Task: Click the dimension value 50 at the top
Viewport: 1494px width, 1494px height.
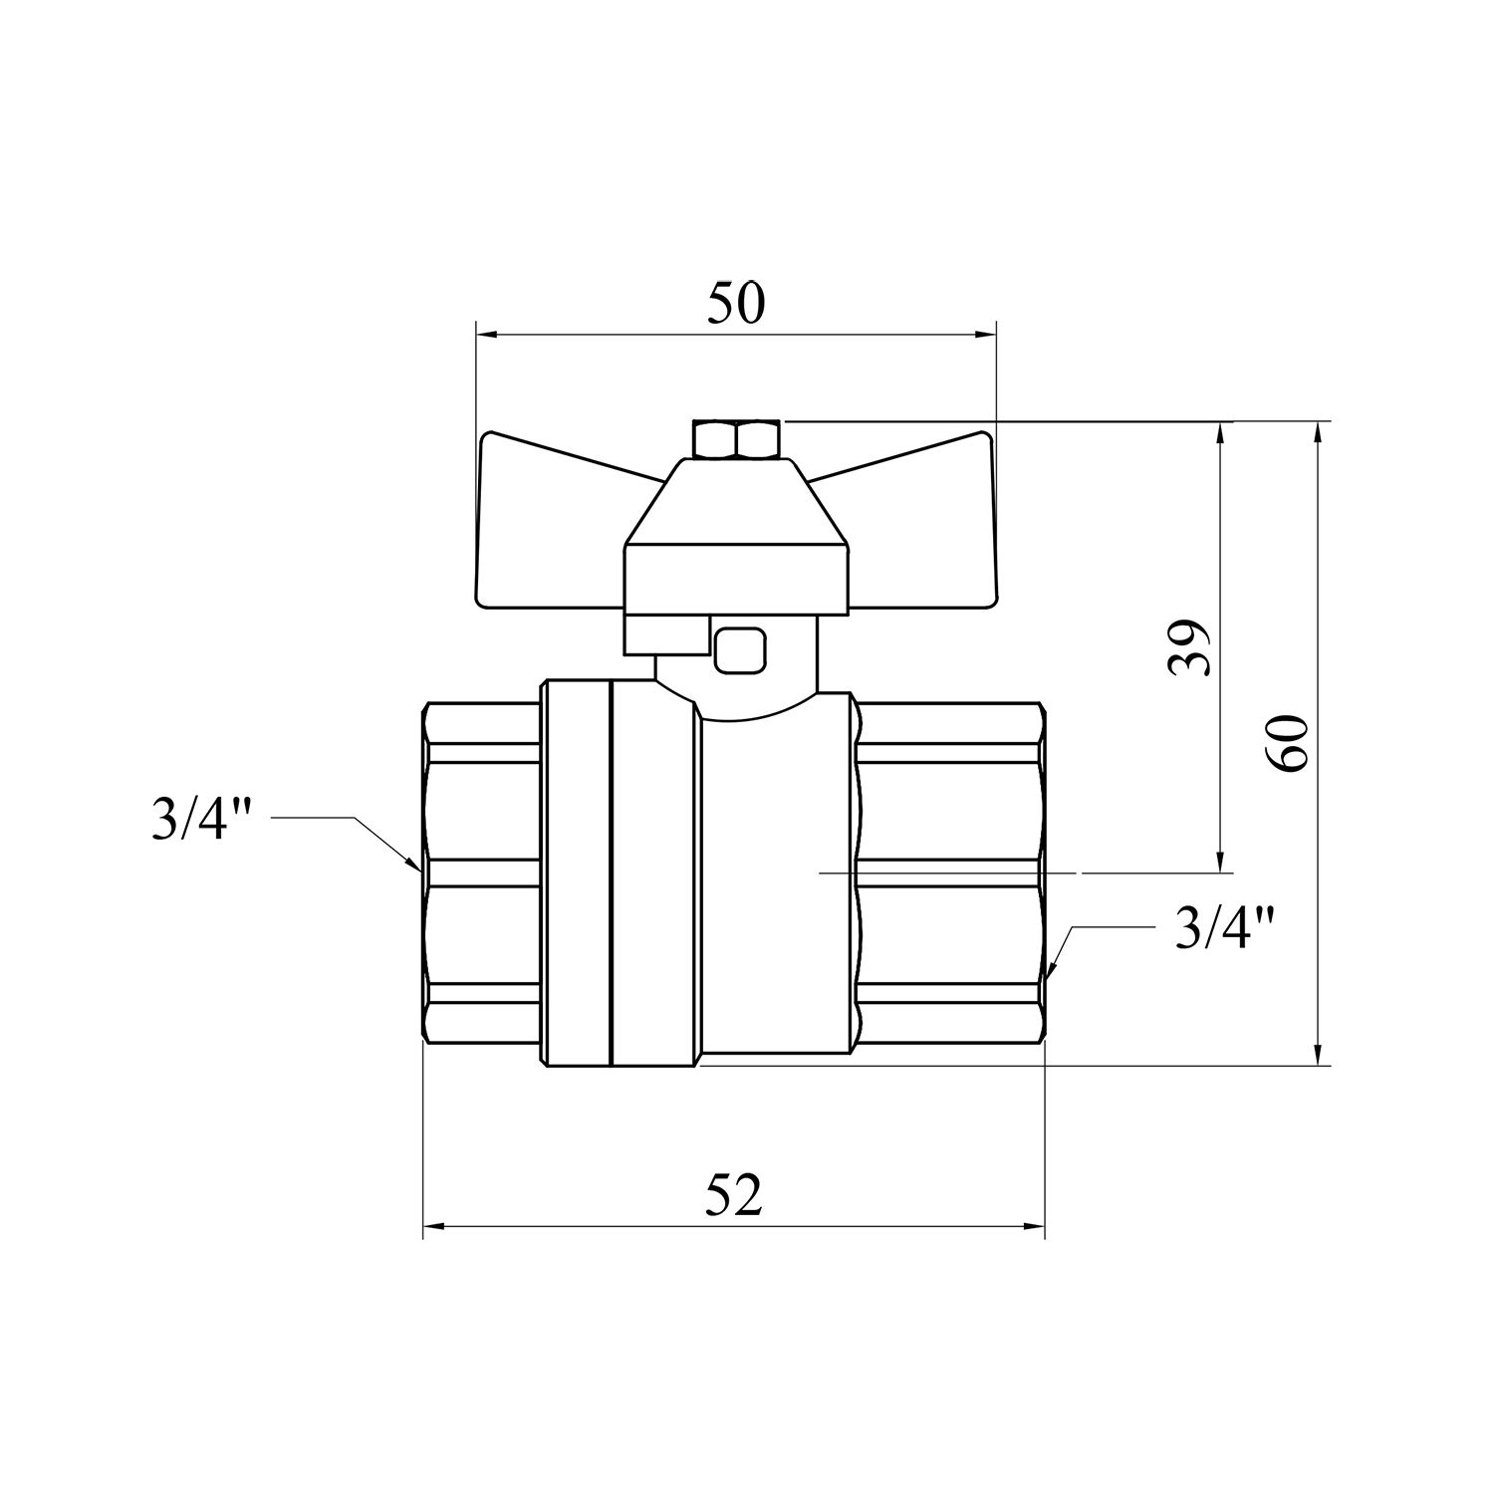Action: [736, 304]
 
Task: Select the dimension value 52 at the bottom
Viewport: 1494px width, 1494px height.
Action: [734, 1195]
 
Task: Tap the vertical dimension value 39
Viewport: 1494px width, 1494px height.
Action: [1190, 648]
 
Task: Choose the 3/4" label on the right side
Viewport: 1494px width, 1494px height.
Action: [1224, 929]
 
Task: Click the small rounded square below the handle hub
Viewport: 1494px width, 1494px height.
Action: [739, 649]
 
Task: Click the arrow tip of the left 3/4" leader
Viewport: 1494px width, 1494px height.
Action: [418, 868]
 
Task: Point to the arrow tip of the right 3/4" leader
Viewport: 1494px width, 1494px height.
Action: [1050, 978]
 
